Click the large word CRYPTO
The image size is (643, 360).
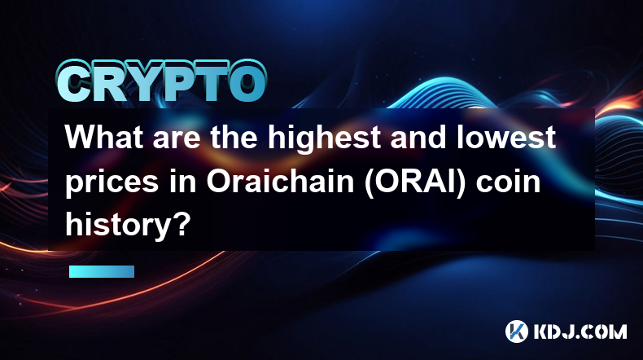coord(162,82)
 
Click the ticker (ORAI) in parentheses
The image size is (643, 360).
coord(415,182)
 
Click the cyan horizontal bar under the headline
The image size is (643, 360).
coord(102,271)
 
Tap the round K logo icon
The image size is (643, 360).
coord(516,331)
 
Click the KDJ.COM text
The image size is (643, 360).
coord(580,331)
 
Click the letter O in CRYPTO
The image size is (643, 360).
coord(245,82)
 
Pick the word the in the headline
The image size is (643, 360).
coord(234,137)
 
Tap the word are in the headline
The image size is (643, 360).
coord(177,140)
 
